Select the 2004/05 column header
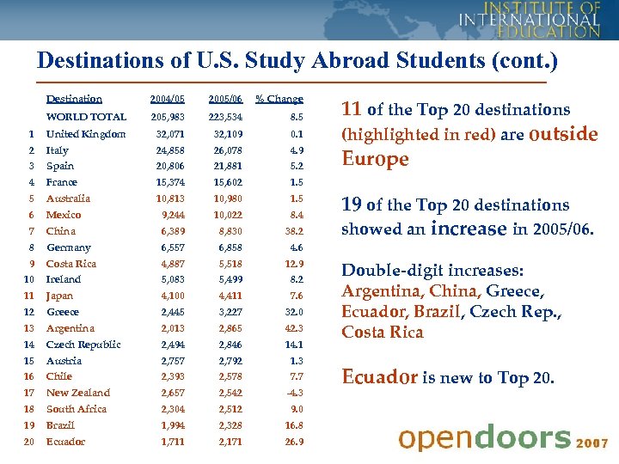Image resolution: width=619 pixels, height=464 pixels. (167, 99)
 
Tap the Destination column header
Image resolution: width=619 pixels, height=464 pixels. (74, 99)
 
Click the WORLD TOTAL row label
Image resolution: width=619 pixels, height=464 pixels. (86, 117)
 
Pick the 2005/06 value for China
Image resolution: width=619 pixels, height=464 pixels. (228, 231)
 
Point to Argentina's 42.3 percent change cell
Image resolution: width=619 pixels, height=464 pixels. (292, 328)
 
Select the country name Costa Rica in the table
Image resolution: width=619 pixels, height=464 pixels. (71, 264)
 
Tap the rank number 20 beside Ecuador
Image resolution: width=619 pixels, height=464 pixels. (28, 442)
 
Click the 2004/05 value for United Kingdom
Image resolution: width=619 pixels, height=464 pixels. (170, 134)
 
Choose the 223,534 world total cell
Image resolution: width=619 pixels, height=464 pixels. (225, 117)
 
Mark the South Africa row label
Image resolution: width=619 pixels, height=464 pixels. (77, 409)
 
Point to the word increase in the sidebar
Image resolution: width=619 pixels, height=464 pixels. (469, 229)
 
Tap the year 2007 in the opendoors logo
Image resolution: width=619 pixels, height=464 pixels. (593, 443)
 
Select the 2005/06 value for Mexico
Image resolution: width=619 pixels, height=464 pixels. (228, 215)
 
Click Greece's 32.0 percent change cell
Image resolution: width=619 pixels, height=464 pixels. (292, 312)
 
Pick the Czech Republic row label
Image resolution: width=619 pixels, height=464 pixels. (83, 345)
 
